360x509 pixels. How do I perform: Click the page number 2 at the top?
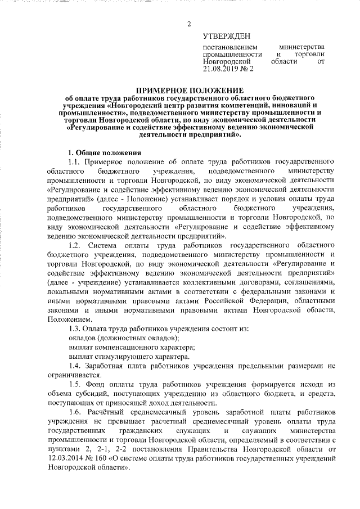click(190, 24)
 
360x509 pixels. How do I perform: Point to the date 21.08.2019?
click(220, 69)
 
